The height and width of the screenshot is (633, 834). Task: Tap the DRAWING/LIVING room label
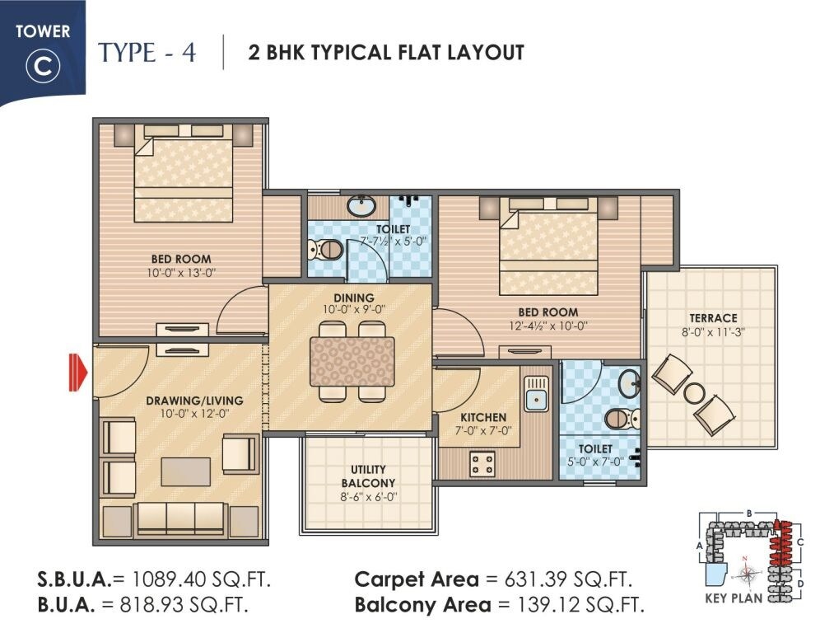point(183,401)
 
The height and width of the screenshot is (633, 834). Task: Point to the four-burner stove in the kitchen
point(482,464)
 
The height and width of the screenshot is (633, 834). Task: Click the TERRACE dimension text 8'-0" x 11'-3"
point(713,332)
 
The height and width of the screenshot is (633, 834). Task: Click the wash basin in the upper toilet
point(360,206)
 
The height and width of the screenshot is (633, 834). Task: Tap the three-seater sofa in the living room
point(181,520)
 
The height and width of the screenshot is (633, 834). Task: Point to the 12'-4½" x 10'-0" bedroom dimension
point(547,326)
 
